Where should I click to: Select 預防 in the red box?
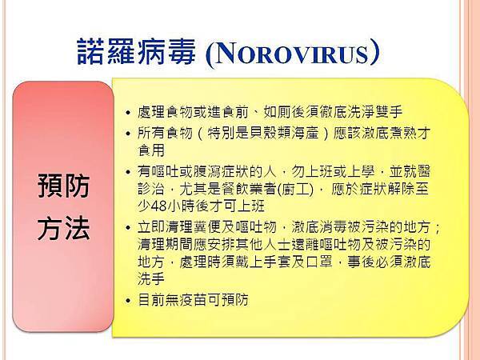(x=64, y=187)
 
